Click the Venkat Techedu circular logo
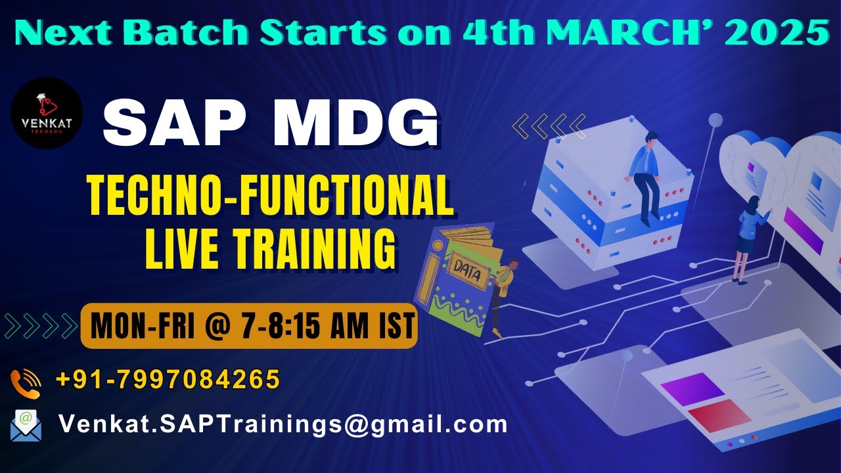(x=47, y=113)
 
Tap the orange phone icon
(x=26, y=384)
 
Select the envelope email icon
(x=26, y=425)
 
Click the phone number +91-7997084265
(x=168, y=380)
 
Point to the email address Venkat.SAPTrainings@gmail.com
(x=283, y=424)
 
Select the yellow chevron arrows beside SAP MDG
(x=548, y=126)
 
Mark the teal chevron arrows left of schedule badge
(x=41, y=326)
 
